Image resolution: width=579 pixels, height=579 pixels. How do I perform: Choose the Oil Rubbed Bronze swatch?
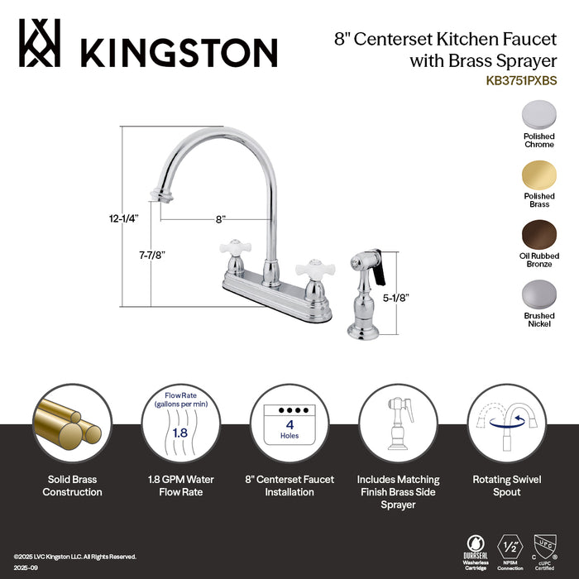(x=538, y=235)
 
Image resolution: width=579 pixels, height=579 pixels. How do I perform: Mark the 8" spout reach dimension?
(x=220, y=219)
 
